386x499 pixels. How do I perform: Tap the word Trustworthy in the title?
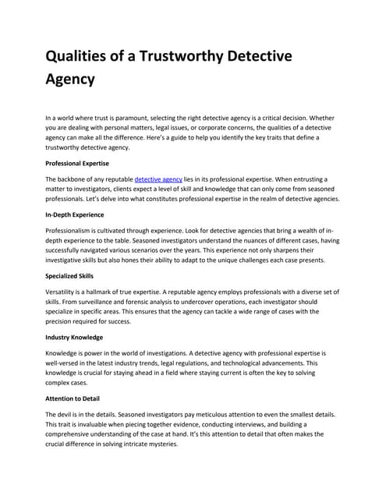click(x=202, y=56)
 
